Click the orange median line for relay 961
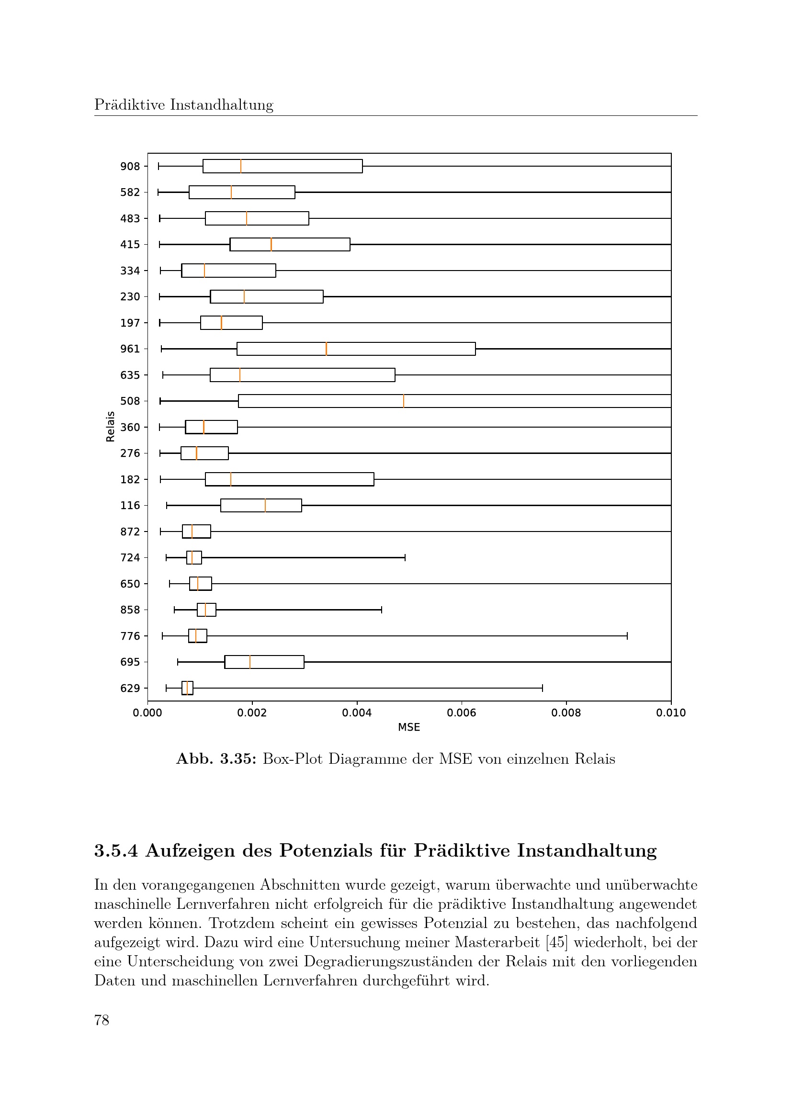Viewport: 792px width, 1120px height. point(326,349)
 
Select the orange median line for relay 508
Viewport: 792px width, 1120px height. point(403,401)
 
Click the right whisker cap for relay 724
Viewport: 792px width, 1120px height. point(405,557)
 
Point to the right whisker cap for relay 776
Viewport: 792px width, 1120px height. point(627,635)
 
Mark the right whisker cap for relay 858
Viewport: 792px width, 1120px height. point(381,610)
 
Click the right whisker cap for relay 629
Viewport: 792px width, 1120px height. point(543,688)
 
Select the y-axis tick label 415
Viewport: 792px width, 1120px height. point(130,244)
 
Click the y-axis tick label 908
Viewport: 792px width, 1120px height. point(130,166)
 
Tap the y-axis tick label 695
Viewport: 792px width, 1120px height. point(130,662)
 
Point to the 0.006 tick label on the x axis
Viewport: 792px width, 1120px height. point(461,713)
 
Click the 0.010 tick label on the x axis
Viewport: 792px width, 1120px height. point(670,713)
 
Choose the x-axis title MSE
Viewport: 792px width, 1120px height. point(408,727)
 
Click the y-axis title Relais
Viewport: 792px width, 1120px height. point(111,426)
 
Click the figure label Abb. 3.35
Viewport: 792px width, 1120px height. point(216,759)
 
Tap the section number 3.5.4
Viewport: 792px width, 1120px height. point(116,850)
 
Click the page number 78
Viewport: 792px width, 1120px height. point(102,1020)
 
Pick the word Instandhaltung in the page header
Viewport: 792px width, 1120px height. point(221,105)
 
